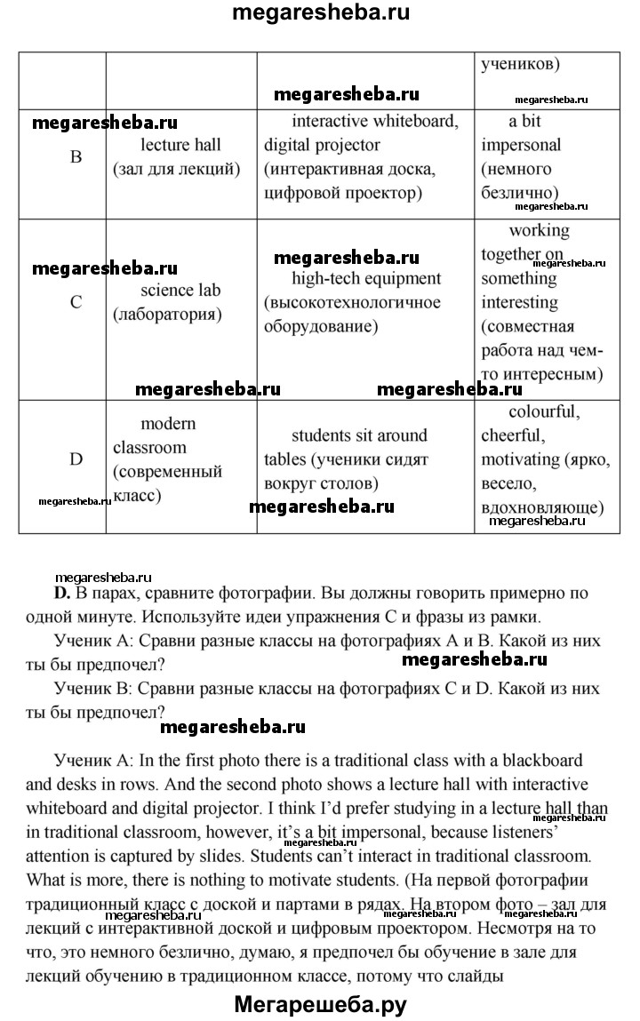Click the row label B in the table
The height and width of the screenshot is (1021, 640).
pyautogui.click(x=76, y=157)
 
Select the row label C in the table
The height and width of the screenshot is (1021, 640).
pyautogui.click(x=76, y=302)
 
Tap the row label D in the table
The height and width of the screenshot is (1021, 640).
pyautogui.click(x=76, y=459)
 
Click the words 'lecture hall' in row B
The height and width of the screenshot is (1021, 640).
pyautogui.click(x=180, y=145)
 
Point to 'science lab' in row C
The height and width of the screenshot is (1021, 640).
pyautogui.click(x=180, y=290)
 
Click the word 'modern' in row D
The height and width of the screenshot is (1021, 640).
pyautogui.click(x=168, y=424)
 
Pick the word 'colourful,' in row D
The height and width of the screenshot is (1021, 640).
pyautogui.click(x=544, y=412)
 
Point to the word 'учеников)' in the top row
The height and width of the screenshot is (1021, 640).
pyautogui.click(x=520, y=64)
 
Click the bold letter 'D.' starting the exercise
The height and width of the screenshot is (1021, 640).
pyautogui.click(x=61, y=593)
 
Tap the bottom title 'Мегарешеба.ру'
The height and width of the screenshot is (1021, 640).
pyautogui.click(x=320, y=1005)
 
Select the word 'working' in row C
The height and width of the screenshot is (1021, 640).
pyautogui.click(x=539, y=230)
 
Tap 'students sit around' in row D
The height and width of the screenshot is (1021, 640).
pyautogui.click(x=359, y=435)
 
